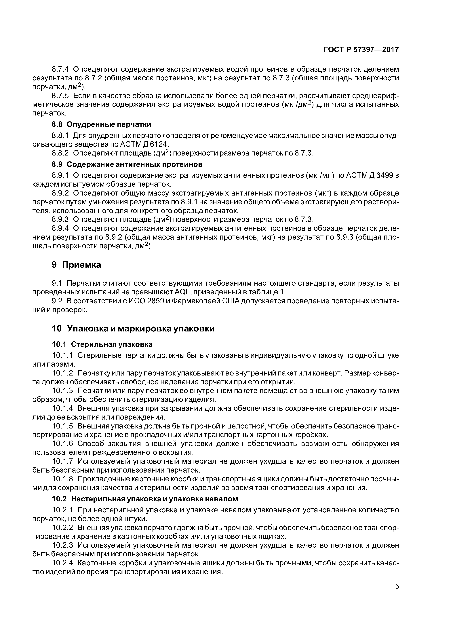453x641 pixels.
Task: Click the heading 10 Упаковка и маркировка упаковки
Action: point(133,329)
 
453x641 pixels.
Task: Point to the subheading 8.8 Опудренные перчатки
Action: point(101,124)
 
